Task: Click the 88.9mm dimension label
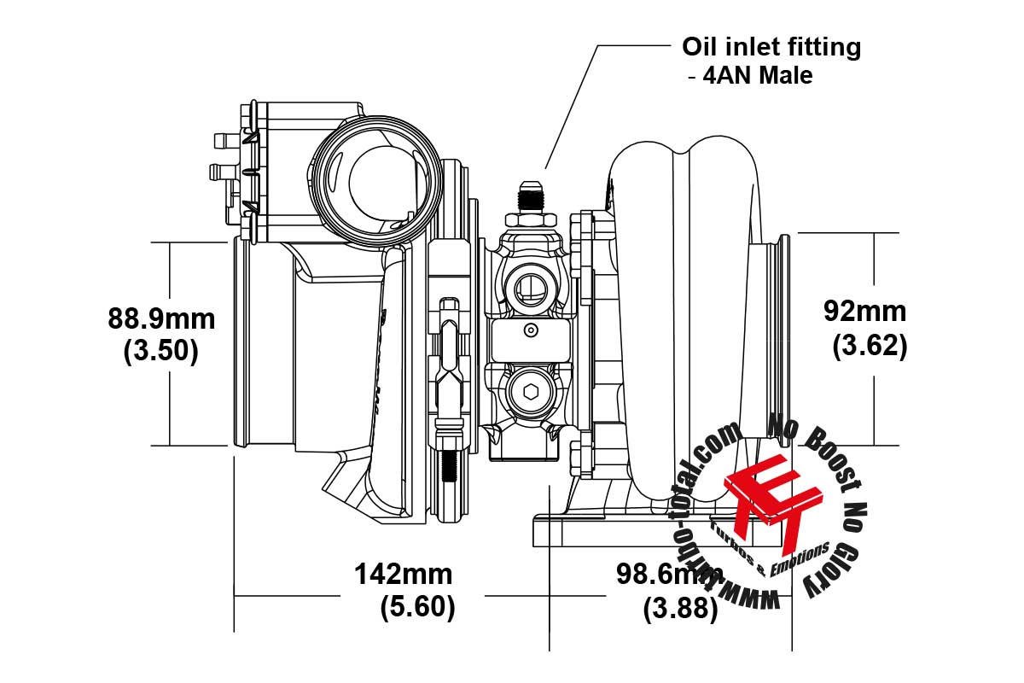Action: click(161, 320)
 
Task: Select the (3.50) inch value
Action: click(161, 351)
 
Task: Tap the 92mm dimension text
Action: click(864, 312)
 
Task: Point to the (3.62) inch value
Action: click(869, 346)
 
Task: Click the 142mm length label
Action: click(404, 574)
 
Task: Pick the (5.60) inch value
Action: click(417, 606)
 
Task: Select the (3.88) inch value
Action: click(680, 609)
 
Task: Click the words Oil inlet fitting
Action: click(771, 47)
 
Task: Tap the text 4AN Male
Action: click(751, 76)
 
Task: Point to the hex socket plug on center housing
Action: click(529, 394)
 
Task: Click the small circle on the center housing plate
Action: click(531, 330)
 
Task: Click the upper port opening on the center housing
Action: click(529, 289)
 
